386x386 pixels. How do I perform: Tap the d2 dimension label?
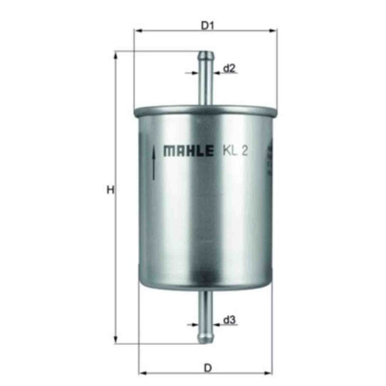(229, 69)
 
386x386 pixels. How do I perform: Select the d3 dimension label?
(229, 320)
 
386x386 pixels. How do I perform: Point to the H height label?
(110, 191)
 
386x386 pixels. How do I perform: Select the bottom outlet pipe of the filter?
(206, 312)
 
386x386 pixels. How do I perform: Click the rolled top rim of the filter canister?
(205, 108)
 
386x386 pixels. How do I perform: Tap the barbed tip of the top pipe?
(206, 55)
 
